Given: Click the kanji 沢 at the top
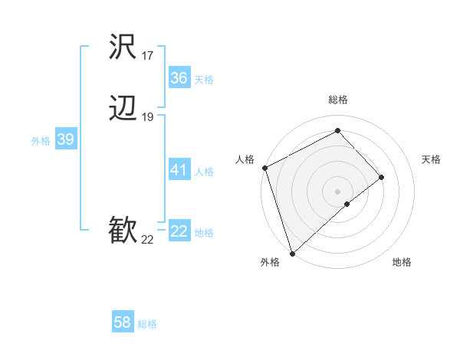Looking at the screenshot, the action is [123, 47].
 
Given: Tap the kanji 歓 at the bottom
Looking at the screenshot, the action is [123, 231].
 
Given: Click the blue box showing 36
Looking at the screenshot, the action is [179, 78].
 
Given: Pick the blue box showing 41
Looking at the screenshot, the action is [179, 170].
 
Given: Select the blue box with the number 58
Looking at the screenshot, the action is [123, 322].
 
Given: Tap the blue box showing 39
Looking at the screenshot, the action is [65, 139].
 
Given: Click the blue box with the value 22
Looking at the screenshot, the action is [179, 231].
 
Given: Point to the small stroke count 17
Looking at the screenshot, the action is [147, 56].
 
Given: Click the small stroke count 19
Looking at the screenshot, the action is [147, 117].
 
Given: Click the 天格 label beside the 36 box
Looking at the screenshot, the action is [204, 80].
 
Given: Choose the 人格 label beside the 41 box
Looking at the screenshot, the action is [204, 172].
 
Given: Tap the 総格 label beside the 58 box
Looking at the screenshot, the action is [147, 324].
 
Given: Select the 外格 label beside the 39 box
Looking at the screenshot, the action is [41, 141].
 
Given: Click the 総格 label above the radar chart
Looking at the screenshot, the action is [338, 100].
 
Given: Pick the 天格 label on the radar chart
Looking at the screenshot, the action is [431, 159].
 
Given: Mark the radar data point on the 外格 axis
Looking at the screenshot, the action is [292, 253].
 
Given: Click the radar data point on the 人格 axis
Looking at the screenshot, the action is [264, 168].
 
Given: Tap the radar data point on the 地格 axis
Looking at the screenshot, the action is [347, 204].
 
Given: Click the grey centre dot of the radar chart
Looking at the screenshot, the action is [337, 191].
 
